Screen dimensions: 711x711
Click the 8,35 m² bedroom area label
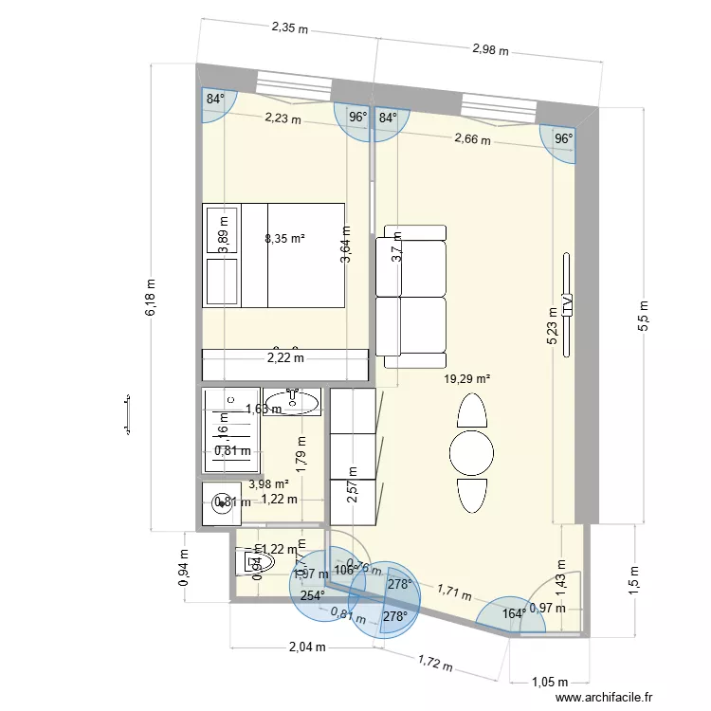click(x=284, y=239)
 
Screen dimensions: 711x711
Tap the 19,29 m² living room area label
click(x=466, y=379)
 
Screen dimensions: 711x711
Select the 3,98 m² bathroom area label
click(x=268, y=483)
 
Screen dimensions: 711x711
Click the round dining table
click(x=471, y=453)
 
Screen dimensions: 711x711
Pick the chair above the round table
click(x=471, y=410)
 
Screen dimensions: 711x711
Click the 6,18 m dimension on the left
click(x=151, y=300)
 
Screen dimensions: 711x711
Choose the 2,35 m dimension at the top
click(x=290, y=28)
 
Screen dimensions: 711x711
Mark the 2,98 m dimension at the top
click(x=490, y=49)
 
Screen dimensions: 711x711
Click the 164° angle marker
click(x=514, y=613)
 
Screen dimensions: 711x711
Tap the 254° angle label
click(x=313, y=596)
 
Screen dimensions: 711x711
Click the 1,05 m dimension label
click(x=549, y=682)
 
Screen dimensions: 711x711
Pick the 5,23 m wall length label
click(x=553, y=327)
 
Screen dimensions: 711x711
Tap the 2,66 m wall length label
click(x=472, y=139)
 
